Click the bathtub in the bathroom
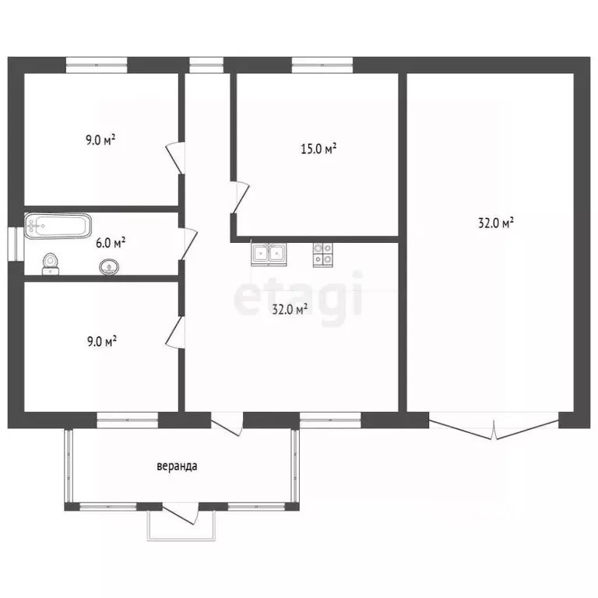pyautogui.click(x=58, y=226)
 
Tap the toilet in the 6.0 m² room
pyautogui.click(x=51, y=264)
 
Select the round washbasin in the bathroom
pyautogui.click(x=109, y=267)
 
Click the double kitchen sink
pyautogui.click(x=269, y=254)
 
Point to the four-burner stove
pyautogui.click(x=322, y=255)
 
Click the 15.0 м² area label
pyautogui.click(x=318, y=149)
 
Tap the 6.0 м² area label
pyautogui.click(x=111, y=243)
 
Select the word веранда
pyautogui.click(x=177, y=466)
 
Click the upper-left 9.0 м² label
pyautogui.click(x=100, y=140)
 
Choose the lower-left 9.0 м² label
pyautogui.click(x=102, y=341)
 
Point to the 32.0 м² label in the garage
pyautogui.click(x=495, y=223)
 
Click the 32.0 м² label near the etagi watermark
pyautogui.click(x=290, y=309)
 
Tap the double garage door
pyautogui.click(x=494, y=427)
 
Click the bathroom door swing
pyautogui.click(x=188, y=244)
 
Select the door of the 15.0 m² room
pyautogui.click(x=241, y=197)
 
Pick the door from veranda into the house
pyautogui.click(x=227, y=424)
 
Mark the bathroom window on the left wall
pyautogui.click(x=16, y=244)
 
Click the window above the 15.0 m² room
pyautogui.click(x=322, y=65)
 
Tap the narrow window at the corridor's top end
pyautogui.click(x=206, y=65)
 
